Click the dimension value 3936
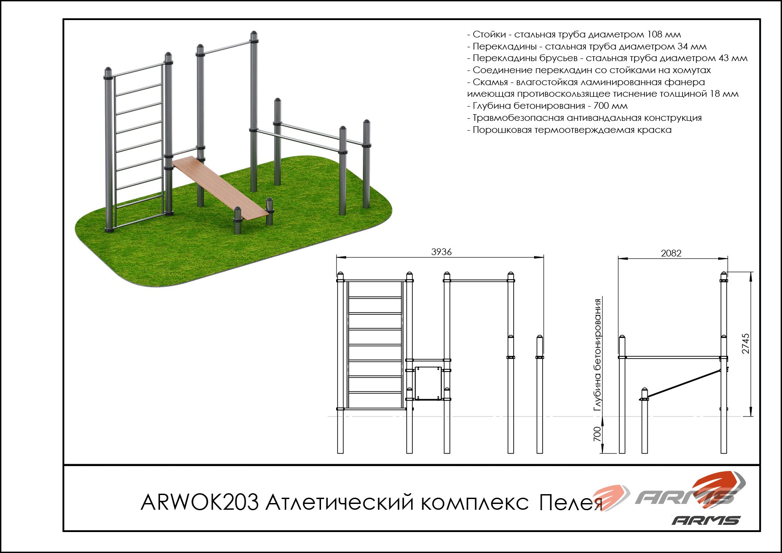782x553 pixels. [x=441, y=252]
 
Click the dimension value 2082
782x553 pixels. [x=671, y=253]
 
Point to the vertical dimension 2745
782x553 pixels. [x=746, y=343]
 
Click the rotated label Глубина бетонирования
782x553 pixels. [x=597, y=355]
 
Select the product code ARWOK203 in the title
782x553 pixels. [x=199, y=503]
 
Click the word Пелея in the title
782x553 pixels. [x=571, y=503]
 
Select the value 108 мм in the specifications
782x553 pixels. [x=664, y=34]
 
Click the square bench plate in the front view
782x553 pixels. [x=428, y=383]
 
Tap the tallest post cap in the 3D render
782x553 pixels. [x=254, y=35]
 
